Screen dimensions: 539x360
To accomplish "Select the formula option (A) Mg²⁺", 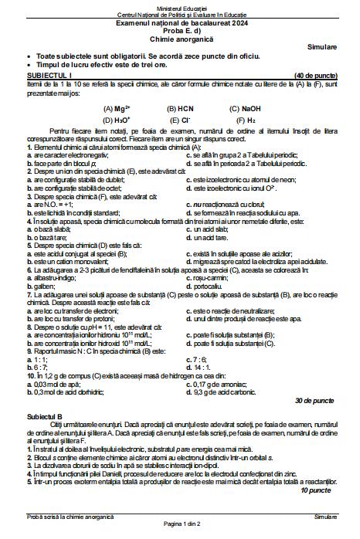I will pyautogui.click(x=117, y=109).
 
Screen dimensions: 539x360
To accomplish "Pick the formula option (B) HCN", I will pyautogui.click(x=179, y=109).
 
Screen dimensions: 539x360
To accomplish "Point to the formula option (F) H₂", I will pyautogui.click(x=246, y=120).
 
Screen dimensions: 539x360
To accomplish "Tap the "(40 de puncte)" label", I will pyautogui.click(x=314, y=76).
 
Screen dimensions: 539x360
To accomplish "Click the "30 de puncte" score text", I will pyautogui.click(x=314, y=402).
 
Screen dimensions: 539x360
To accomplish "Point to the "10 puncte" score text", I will pyautogui.click(x=317, y=490).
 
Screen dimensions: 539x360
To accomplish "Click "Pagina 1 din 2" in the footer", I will pyautogui.click(x=179, y=524).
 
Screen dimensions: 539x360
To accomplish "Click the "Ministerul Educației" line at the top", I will pyautogui.click(x=179, y=7).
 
